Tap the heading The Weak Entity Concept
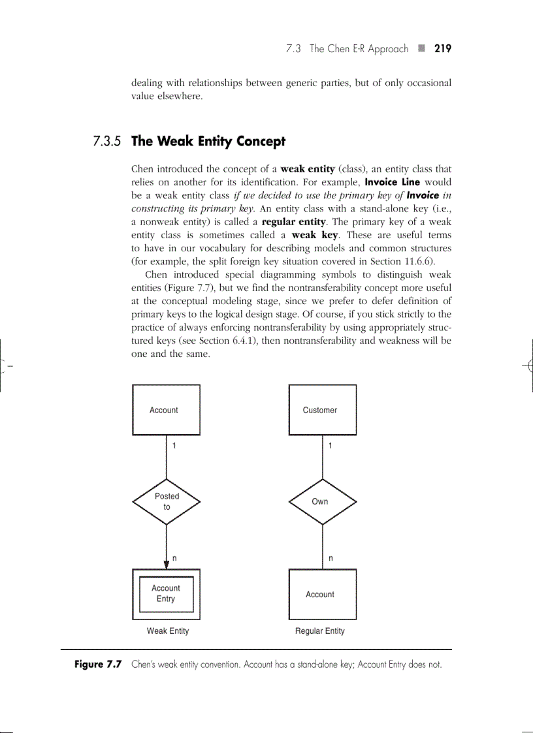coord(208,141)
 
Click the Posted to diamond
coord(167,501)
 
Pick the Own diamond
coord(323,501)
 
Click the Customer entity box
coord(323,410)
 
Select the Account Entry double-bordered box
coord(167,594)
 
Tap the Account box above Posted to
coord(167,410)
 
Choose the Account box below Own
coord(323,594)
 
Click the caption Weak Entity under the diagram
coord(168,631)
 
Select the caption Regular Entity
coord(320,631)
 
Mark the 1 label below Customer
coord(331,446)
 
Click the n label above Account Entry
coord(174,559)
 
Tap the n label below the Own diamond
coord(331,559)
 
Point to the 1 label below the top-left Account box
coord(174,446)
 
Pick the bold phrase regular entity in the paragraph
coord(293,221)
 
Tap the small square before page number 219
coord(421,49)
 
